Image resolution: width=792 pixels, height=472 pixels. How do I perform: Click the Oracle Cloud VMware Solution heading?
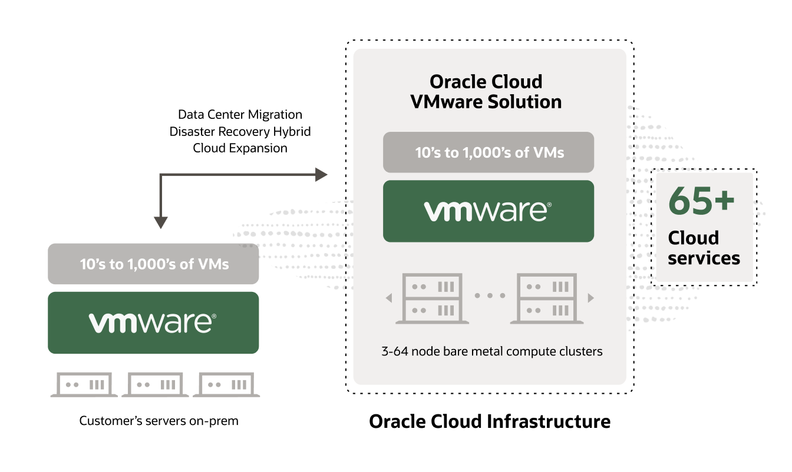click(486, 92)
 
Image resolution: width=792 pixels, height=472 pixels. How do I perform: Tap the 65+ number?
click(701, 202)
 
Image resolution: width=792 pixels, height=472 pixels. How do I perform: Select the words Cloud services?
click(704, 248)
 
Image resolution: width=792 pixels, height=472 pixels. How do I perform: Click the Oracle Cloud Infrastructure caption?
click(489, 421)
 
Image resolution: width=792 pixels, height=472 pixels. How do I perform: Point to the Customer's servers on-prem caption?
click(159, 421)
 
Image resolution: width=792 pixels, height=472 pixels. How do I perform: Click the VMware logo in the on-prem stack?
click(153, 323)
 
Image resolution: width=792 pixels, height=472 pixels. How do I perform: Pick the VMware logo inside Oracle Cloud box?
click(489, 211)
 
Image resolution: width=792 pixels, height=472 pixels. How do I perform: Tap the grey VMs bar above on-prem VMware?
click(153, 264)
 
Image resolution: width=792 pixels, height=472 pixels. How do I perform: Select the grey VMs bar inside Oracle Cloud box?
click(489, 152)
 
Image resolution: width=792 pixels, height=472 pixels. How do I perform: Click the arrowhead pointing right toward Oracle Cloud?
click(321, 174)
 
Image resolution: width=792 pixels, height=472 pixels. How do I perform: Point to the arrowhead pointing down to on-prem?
click(161, 222)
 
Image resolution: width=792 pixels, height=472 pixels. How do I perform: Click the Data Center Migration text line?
click(240, 114)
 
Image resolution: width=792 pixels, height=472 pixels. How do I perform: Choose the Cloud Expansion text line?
click(240, 148)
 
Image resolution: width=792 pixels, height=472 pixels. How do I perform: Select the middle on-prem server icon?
click(153, 385)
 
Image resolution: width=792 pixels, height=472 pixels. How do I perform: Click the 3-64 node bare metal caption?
click(491, 352)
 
